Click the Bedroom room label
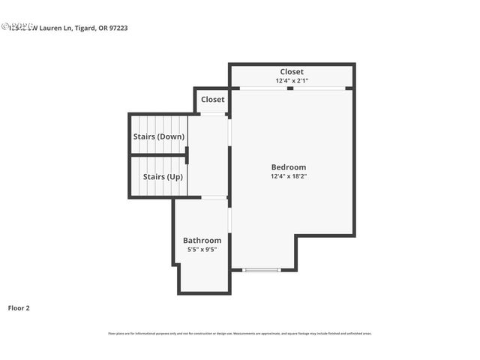(289, 167)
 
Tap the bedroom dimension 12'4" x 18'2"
(289, 177)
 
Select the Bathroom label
(202, 241)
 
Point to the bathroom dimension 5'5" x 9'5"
(202, 250)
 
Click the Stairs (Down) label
(158, 136)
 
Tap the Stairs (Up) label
(163, 177)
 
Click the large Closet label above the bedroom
(292, 72)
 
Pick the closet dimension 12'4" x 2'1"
(292, 81)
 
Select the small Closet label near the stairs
(212, 100)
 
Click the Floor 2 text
(19, 307)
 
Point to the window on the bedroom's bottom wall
(261, 270)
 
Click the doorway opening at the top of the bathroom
(214, 197)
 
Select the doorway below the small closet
(213, 113)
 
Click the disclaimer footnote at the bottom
(240, 334)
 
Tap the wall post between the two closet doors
(291, 88)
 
